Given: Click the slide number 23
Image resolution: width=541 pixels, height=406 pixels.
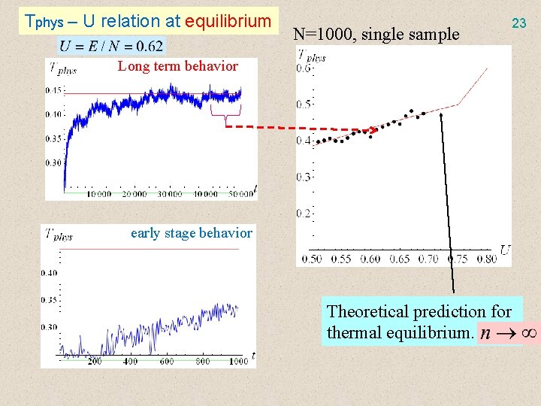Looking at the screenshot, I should pyautogui.click(x=518, y=23).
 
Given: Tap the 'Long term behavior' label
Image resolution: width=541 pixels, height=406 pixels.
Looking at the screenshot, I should pyautogui.click(x=177, y=66).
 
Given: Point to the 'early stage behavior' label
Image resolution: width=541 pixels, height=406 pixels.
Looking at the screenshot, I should pyautogui.click(x=191, y=233).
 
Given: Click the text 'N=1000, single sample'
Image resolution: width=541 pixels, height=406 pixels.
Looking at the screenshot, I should pyautogui.click(x=376, y=34).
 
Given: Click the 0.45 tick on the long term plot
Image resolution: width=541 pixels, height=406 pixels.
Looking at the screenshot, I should pyautogui.click(x=54, y=91).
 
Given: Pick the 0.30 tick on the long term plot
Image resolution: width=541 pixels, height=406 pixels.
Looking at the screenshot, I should pyautogui.click(x=54, y=162).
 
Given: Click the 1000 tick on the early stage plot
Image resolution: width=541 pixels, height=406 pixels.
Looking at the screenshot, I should pyautogui.click(x=237, y=362).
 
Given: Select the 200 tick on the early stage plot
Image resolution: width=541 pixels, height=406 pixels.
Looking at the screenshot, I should pyautogui.click(x=94, y=362).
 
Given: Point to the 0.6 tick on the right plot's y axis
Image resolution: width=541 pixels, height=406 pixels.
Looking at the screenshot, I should pyautogui.click(x=304, y=68).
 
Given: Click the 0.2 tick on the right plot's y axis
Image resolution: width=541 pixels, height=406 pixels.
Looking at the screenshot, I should pyautogui.click(x=304, y=214).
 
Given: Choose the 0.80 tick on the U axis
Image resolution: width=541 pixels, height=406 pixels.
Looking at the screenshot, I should pyautogui.click(x=486, y=259).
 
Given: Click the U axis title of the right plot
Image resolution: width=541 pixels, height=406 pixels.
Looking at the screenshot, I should pyautogui.click(x=505, y=250).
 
